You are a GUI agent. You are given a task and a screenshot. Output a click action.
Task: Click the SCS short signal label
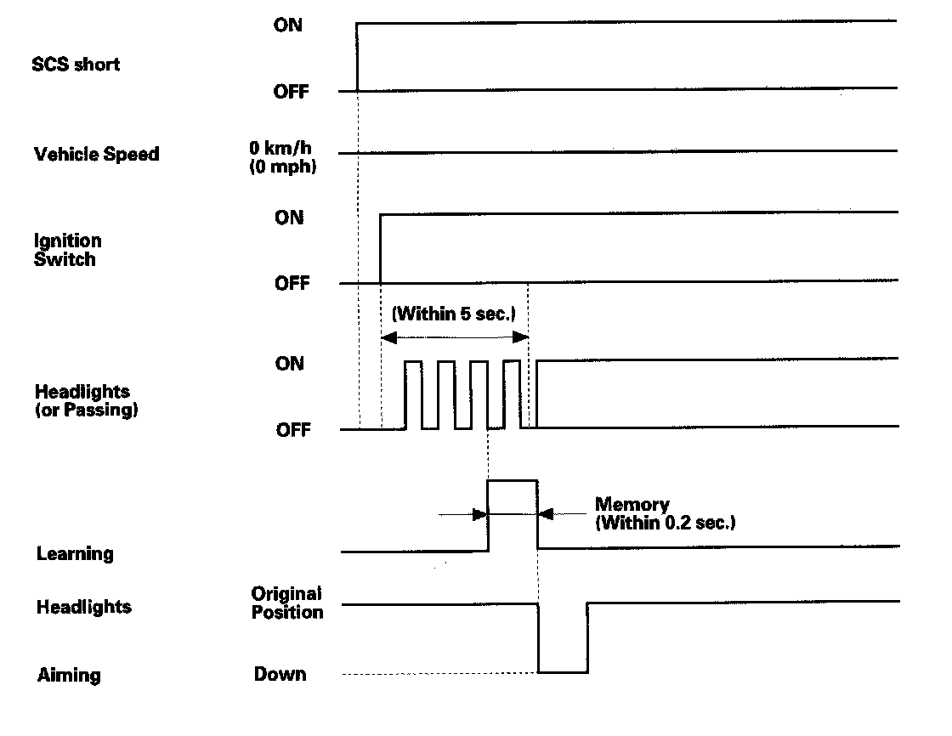(x=76, y=64)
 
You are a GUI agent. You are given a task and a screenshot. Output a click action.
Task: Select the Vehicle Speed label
(x=96, y=155)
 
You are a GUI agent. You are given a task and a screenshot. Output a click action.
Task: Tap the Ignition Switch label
(x=67, y=251)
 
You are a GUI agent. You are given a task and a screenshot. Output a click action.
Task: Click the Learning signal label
(x=75, y=554)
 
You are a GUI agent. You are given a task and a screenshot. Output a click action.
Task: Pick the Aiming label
(x=69, y=676)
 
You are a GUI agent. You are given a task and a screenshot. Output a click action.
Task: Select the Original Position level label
(x=287, y=603)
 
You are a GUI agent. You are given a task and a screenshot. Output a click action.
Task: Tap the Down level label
(x=280, y=675)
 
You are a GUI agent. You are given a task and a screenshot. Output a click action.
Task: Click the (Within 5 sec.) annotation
(x=454, y=314)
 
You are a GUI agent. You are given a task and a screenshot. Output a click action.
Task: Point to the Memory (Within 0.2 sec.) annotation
(x=665, y=514)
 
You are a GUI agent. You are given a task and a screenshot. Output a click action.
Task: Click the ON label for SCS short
(x=288, y=25)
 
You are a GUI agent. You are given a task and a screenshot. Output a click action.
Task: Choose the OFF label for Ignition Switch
(x=292, y=284)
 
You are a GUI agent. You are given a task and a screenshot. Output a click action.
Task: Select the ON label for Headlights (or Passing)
(x=289, y=364)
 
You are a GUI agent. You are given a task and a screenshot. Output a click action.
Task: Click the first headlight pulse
(x=413, y=394)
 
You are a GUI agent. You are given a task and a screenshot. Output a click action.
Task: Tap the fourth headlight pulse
(x=511, y=394)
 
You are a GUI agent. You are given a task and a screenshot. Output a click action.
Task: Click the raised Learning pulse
(x=513, y=514)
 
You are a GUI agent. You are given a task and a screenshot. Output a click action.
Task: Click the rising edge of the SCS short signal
(x=357, y=56)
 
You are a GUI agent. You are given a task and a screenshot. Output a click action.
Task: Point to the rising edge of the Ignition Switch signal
(x=381, y=248)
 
